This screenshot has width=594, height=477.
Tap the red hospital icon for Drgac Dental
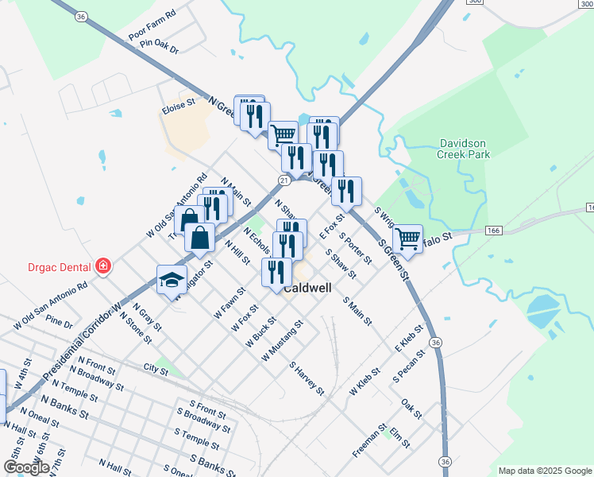(x=102, y=266)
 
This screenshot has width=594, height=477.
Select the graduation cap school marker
(x=172, y=279)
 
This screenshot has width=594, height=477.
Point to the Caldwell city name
(x=307, y=289)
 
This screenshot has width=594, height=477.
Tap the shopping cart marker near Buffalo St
(x=407, y=238)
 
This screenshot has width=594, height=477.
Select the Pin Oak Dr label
(x=159, y=48)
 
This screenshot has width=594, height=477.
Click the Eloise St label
(x=178, y=105)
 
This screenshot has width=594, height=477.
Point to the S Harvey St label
(x=307, y=378)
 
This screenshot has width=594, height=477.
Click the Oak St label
(x=411, y=409)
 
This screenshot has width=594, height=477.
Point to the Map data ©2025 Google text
(x=544, y=471)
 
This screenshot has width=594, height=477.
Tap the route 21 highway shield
(x=283, y=180)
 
